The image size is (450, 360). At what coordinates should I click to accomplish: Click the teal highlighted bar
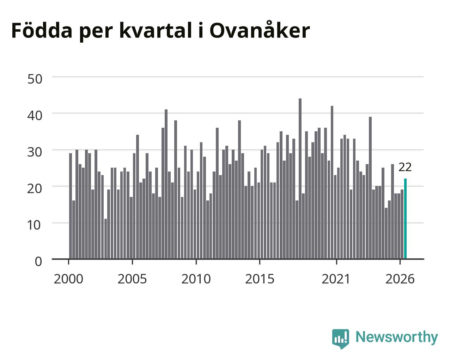coord(405,219)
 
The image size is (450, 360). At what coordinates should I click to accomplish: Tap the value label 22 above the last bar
coord(405,167)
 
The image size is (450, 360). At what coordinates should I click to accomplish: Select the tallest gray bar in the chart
coord(300,179)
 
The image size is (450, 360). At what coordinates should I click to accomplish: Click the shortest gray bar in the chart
coord(105,239)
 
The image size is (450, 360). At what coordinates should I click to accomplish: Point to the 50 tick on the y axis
coord(35,79)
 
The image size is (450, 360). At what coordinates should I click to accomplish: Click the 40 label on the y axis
coord(35,115)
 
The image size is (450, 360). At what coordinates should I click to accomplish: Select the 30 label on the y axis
coord(35,152)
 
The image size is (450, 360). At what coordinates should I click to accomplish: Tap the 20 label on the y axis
coord(35,188)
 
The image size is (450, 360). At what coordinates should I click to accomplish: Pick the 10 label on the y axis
coord(34,225)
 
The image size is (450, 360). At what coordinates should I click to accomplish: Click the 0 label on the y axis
coord(38,262)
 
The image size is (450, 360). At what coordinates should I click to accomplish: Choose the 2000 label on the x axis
coord(68,279)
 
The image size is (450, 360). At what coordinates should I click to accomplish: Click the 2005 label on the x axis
coord(132,279)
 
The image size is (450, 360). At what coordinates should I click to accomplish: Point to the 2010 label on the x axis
coord(196,279)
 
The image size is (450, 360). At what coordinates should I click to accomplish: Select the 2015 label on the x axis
coord(260,279)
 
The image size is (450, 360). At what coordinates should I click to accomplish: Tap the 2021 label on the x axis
coord(336,279)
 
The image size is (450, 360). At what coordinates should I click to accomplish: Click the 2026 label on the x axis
coord(400,279)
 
